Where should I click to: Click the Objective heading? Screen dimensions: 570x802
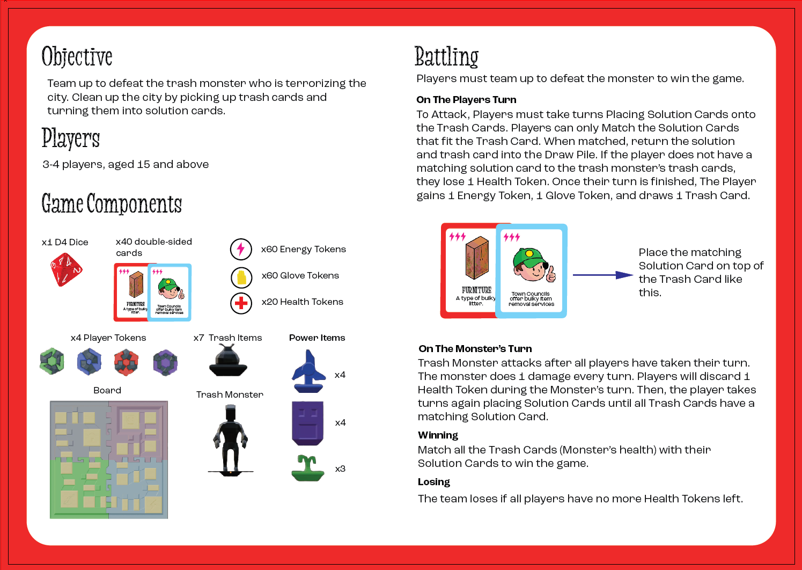77,57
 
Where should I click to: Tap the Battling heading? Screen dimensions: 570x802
446,57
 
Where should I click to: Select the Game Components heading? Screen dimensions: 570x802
112,204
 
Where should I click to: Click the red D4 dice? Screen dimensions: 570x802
65,269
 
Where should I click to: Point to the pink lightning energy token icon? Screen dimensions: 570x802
241,249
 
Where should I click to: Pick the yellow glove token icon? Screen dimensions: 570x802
241,277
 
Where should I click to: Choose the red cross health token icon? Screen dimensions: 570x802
241,303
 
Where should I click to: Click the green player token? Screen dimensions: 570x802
52,362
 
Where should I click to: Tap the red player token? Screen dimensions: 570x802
126,362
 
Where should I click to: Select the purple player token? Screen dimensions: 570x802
165,363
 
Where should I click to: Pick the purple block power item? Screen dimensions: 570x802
308,422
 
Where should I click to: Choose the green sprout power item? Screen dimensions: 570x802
308,468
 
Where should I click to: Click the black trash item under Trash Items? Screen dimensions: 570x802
228,361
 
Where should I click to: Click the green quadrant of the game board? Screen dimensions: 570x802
79,488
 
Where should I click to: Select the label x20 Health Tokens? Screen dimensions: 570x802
302,302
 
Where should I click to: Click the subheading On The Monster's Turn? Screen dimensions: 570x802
475,349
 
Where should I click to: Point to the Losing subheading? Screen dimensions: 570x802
433,482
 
